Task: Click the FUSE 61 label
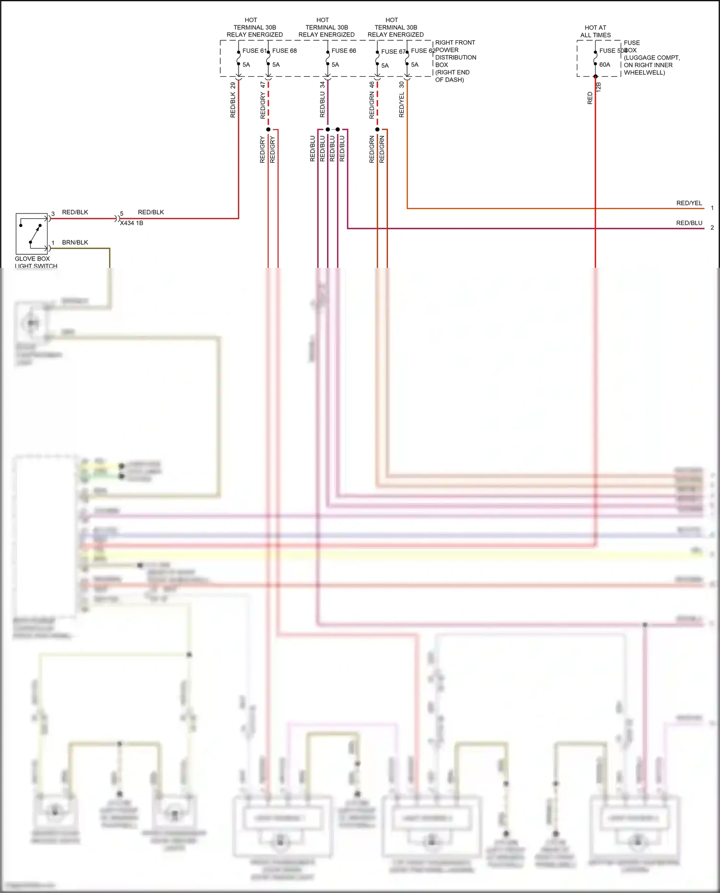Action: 254,50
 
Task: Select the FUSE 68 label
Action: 284,50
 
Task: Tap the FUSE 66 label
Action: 344,50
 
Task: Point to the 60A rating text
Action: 604,65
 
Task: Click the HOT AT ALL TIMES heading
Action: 595,31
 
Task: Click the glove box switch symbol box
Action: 32,233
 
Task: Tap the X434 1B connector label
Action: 132,223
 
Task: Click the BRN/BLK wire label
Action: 75,242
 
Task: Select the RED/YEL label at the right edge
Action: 689,203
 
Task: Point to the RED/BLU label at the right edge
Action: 689,223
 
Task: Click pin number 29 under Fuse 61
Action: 233,85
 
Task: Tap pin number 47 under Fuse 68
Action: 263,85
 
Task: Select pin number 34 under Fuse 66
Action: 322,84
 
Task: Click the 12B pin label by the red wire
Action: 599,87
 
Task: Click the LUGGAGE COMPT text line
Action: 651,58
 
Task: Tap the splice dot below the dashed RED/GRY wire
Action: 268,130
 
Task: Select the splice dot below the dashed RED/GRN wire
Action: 377,130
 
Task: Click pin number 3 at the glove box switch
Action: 53,214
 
